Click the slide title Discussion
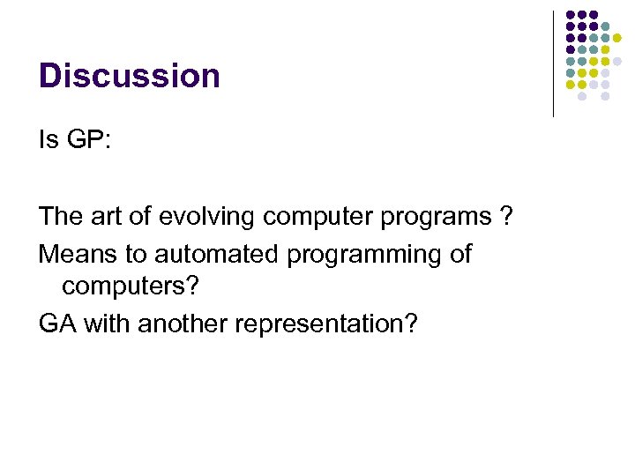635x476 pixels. click(129, 76)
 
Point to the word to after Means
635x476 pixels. click(136, 255)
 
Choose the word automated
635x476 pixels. click(217, 255)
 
